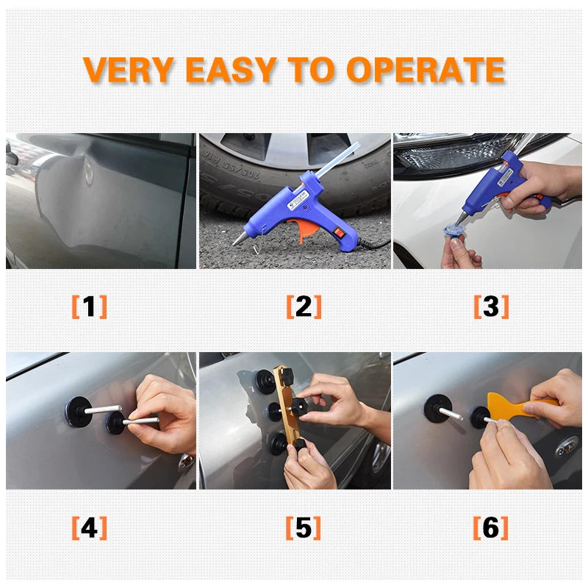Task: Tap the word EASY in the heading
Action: pyautogui.click(x=231, y=70)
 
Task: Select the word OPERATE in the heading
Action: pyautogui.click(x=426, y=70)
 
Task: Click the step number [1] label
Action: pyautogui.click(x=89, y=306)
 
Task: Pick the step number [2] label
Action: pyautogui.click(x=304, y=306)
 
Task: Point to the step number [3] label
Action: pyautogui.click(x=491, y=306)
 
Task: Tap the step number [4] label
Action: pyautogui.click(x=89, y=528)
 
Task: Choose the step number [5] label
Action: pyautogui.click(x=303, y=528)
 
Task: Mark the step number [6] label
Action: pyautogui.click(x=490, y=528)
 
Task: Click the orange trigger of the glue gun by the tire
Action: pyautogui.click(x=308, y=229)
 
